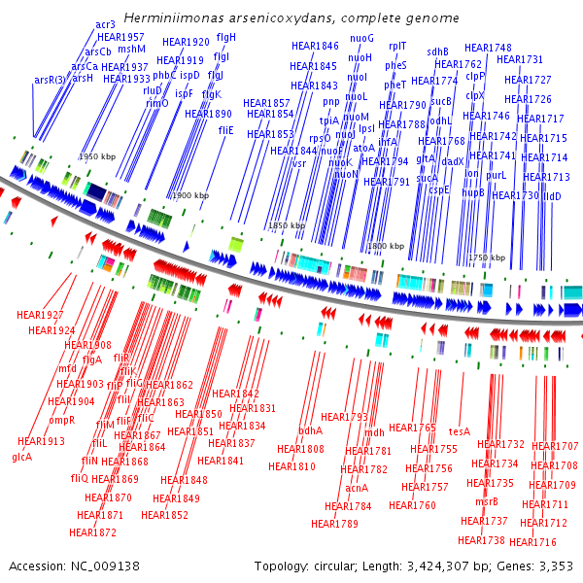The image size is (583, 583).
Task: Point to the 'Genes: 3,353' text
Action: (x=538, y=566)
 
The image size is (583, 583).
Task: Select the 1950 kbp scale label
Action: (x=97, y=156)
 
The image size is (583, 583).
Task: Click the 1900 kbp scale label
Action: (x=190, y=195)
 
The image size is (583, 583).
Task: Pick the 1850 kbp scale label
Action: (x=287, y=225)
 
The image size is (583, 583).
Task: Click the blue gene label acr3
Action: (x=105, y=23)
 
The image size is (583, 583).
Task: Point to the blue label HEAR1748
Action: (x=488, y=48)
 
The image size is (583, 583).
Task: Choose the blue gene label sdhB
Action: (x=437, y=51)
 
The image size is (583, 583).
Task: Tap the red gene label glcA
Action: (x=21, y=457)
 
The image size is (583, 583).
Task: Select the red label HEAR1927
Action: (x=40, y=315)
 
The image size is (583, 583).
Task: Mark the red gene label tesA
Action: (x=460, y=430)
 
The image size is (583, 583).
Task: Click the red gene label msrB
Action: (x=486, y=501)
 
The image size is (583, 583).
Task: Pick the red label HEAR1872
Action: (x=92, y=532)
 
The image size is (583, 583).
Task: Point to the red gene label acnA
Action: (x=357, y=487)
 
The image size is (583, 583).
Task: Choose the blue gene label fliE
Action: (x=225, y=129)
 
